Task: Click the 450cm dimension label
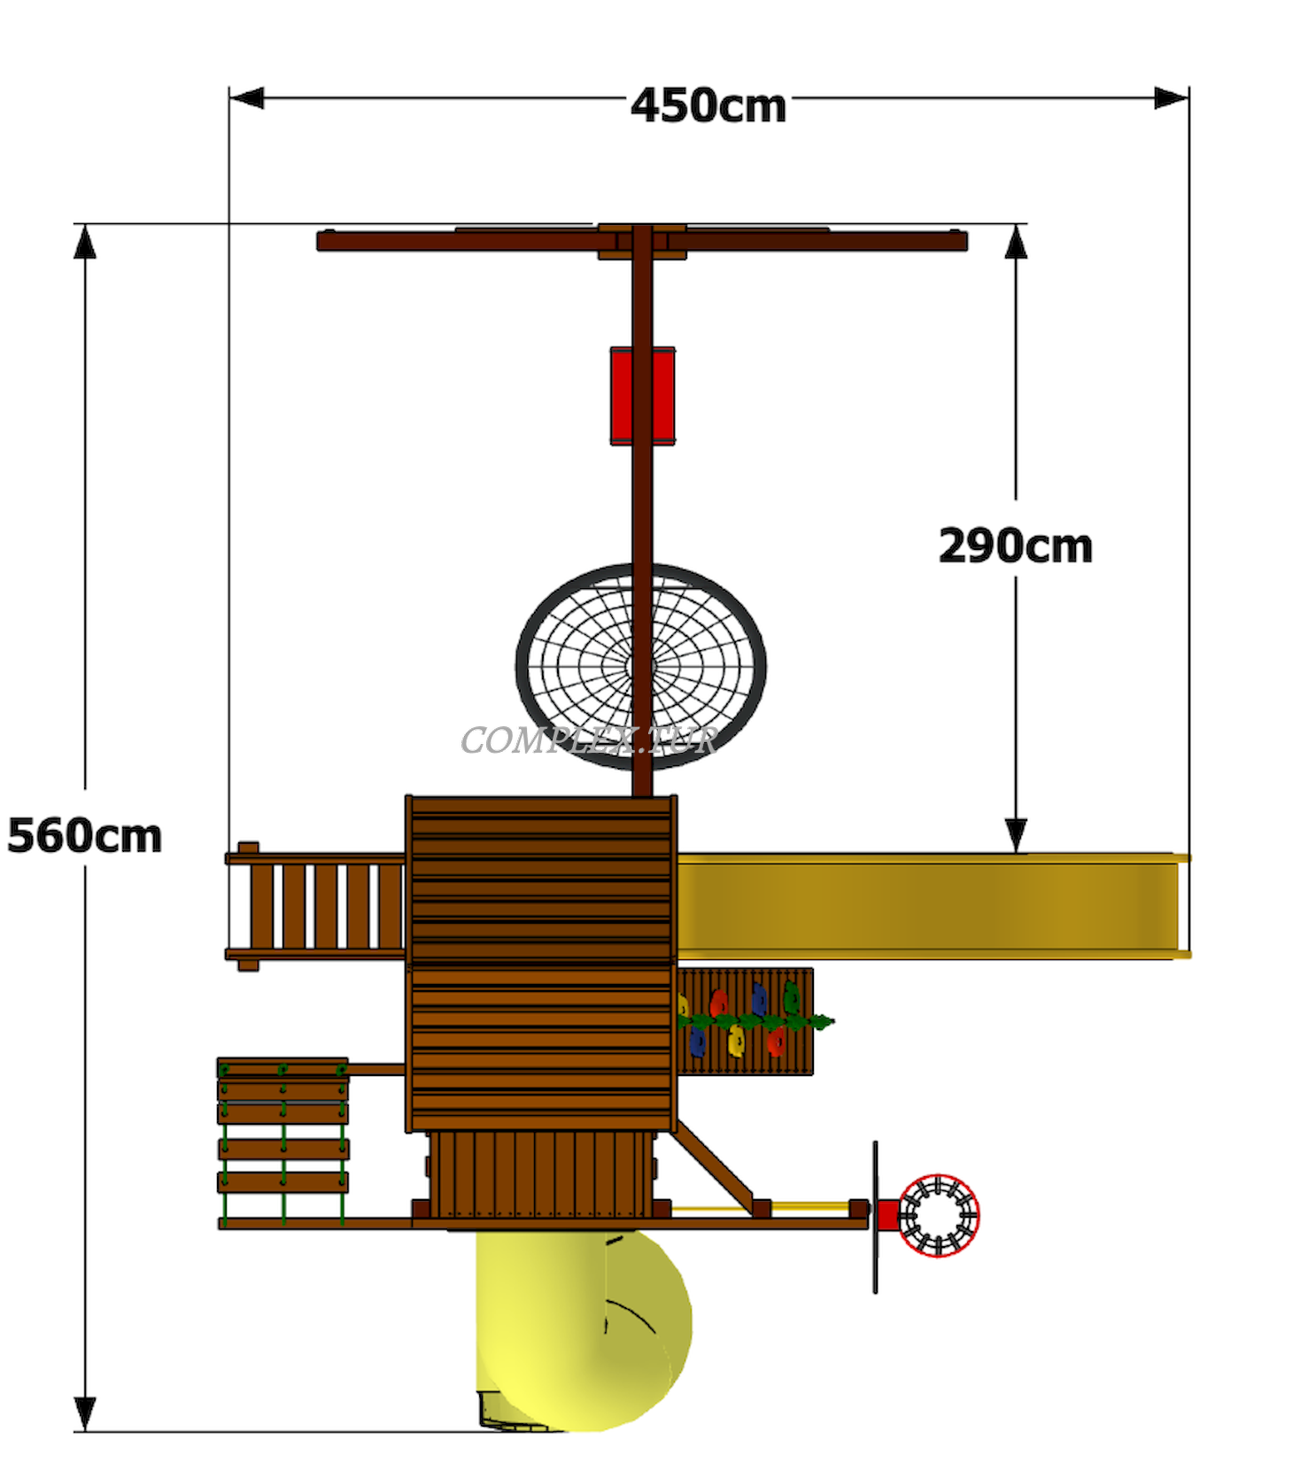click(x=708, y=105)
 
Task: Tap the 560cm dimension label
click(x=85, y=835)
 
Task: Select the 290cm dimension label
click(x=1016, y=546)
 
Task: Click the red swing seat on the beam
click(x=643, y=395)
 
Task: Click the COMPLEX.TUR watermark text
click(x=589, y=740)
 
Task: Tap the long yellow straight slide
click(x=933, y=905)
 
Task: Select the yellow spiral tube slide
click(x=580, y=1328)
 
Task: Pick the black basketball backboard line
click(x=875, y=1217)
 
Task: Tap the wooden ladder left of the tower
click(x=316, y=906)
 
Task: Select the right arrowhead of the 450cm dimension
click(x=1172, y=97)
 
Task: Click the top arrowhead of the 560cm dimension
click(x=85, y=241)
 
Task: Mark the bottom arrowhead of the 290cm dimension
click(x=1016, y=836)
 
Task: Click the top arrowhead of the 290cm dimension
click(x=1016, y=241)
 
